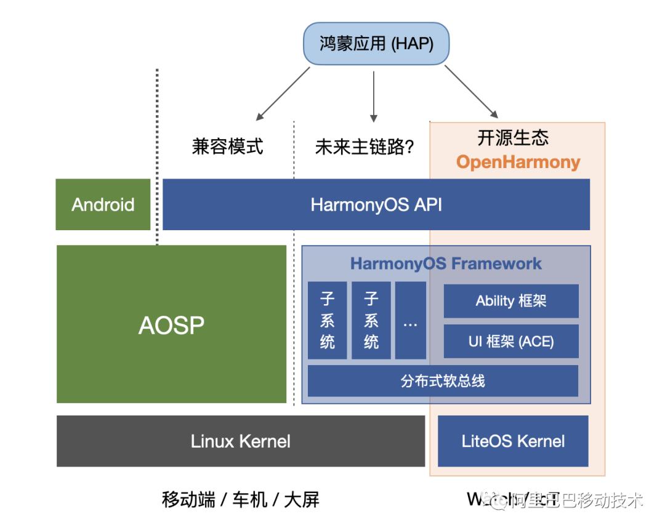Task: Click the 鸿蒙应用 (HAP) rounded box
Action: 376,44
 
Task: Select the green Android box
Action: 103,204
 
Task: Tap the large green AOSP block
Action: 171,324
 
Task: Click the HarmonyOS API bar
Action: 376,204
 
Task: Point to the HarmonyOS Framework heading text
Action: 446,263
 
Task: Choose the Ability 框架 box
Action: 510,301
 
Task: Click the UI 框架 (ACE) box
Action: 510,341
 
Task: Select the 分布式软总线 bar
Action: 442,381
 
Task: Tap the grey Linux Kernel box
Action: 240,441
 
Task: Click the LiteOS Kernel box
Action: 513,441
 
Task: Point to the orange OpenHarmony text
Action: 518,162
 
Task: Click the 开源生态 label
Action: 512,137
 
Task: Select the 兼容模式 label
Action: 227,147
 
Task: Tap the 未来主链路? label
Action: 364,147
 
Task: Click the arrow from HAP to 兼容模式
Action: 283,94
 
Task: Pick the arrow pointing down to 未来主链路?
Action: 373,95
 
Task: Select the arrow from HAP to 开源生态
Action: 471,91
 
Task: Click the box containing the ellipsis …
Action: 410,320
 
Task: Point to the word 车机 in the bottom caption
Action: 250,499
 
